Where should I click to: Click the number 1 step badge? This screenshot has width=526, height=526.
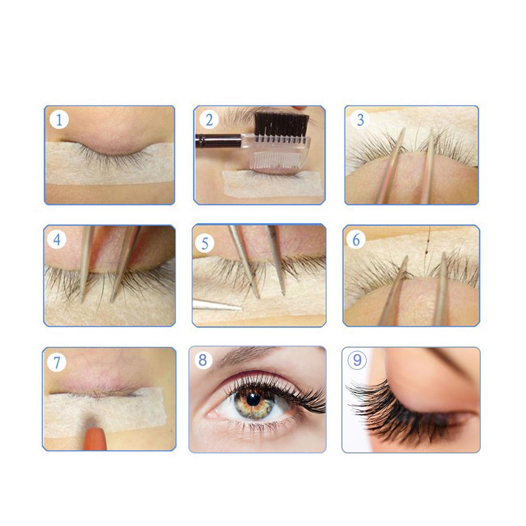pyautogui.click(x=59, y=120)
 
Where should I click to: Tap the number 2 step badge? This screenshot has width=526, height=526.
pyautogui.click(x=209, y=120)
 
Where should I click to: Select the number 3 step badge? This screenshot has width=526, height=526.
pyautogui.click(x=360, y=120)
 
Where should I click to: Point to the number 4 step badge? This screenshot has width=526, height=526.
pyautogui.click(x=57, y=240)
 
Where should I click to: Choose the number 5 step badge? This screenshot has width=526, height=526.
pyautogui.click(x=205, y=244)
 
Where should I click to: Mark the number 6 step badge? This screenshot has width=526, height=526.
pyautogui.click(x=356, y=240)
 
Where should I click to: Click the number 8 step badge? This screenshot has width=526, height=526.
pyautogui.click(x=203, y=360)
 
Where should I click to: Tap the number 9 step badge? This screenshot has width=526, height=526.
pyautogui.click(x=357, y=360)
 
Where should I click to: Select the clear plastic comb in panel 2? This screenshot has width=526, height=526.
pyautogui.click(x=278, y=155)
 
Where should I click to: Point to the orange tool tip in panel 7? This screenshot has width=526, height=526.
pyautogui.click(x=95, y=439)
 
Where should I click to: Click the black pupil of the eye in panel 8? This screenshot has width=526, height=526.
pyautogui.click(x=253, y=399)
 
